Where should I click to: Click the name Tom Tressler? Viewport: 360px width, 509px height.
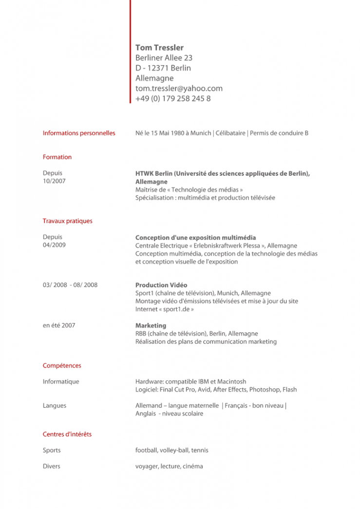pos(159,48)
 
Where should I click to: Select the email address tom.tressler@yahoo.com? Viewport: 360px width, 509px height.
pos(179,88)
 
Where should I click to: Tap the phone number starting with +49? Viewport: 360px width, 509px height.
pos(173,98)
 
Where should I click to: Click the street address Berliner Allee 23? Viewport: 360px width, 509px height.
pos(164,58)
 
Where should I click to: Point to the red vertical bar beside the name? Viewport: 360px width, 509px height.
pos(130,51)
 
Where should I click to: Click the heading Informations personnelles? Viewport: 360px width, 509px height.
pos(79,133)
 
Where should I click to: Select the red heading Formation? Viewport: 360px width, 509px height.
pos(57,157)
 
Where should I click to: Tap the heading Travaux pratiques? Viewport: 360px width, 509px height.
pos(67,221)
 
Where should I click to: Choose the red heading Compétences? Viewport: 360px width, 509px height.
pos(62,366)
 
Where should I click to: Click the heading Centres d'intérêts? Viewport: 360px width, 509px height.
pos(67,434)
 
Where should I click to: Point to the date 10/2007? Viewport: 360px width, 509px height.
pos(54,181)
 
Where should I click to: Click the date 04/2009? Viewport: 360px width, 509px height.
pos(54,245)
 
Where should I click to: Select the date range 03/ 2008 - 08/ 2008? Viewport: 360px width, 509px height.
pos(70,285)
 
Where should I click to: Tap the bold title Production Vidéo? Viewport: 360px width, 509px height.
pos(161,285)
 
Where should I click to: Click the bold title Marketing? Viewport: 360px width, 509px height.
pos(151,325)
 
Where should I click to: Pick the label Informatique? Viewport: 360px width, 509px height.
pos(61,381)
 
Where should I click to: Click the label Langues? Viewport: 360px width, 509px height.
pos(55,406)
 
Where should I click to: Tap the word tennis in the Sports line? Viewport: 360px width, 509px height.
pos(200,451)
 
